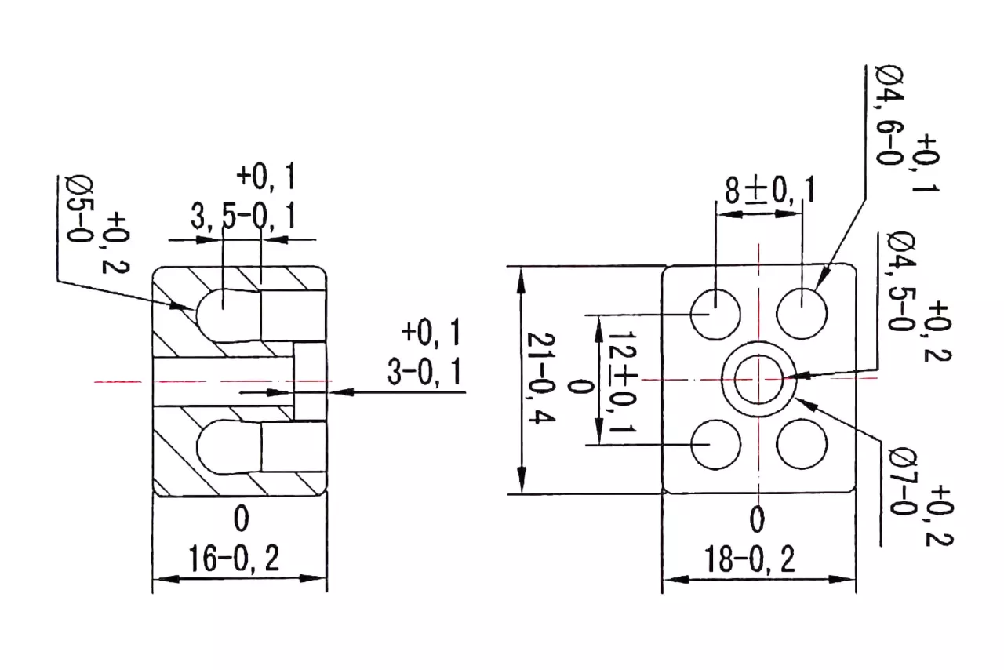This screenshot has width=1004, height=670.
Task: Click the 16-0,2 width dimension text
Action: [234, 559]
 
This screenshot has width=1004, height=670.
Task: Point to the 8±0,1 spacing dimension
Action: [769, 190]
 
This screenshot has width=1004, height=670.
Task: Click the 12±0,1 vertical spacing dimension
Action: [622, 381]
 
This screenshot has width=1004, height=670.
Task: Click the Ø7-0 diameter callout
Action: [903, 483]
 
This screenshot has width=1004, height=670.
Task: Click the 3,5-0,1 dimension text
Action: [243, 217]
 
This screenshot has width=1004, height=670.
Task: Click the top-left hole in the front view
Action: [715, 315]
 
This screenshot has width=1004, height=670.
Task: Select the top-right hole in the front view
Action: [802, 314]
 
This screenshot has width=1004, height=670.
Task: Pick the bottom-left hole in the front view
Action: [716, 444]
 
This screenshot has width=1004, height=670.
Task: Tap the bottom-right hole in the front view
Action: [802, 444]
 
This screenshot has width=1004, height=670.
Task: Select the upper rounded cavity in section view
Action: [228, 315]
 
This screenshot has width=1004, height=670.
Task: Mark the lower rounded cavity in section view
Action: [228, 447]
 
